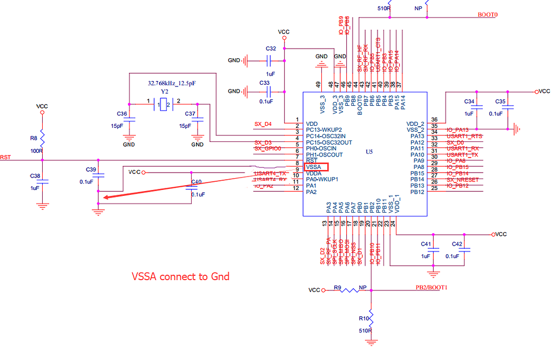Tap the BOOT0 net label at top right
(x=487, y=15)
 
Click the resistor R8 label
(x=33, y=138)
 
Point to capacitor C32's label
(x=271, y=49)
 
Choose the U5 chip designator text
(x=369, y=152)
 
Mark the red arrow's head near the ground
(x=104, y=198)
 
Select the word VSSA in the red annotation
(x=145, y=276)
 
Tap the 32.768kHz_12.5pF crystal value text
(x=172, y=84)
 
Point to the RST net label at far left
(x=5, y=157)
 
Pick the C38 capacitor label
(x=35, y=176)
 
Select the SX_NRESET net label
(x=463, y=180)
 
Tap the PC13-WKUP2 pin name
(x=325, y=130)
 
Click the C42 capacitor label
(x=457, y=244)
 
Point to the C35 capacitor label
(x=500, y=101)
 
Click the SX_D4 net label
(x=262, y=124)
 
